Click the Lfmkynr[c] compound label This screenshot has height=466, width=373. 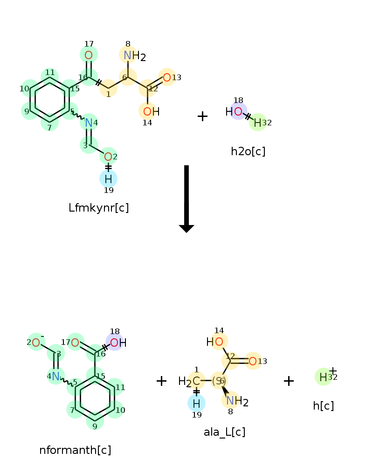[x=98, y=208]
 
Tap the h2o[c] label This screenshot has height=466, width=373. [x=248, y=151]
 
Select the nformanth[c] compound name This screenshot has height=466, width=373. [x=75, y=450]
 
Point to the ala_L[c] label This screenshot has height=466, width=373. [x=224, y=432]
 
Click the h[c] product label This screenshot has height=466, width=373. [x=323, y=406]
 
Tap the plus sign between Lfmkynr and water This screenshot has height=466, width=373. [x=202, y=116]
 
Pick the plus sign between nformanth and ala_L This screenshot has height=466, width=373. [x=161, y=381]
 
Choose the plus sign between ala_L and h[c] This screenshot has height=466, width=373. [x=289, y=381]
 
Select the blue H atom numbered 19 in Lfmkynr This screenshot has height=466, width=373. [x=108, y=178]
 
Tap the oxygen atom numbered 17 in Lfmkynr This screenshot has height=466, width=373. [x=89, y=55]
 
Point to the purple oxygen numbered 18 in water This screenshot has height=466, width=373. [x=238, y=111]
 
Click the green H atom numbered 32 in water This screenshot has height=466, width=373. [x=257, y=123]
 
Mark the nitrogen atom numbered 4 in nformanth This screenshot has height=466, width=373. [x=55, y=376]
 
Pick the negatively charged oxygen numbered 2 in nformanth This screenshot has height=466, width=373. [x=36, y=343]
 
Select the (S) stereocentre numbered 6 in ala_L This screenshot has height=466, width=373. [x=219, y=381]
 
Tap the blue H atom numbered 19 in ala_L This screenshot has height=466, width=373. [x=196, y=403]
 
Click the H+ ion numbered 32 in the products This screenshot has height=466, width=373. [x=324, y=377]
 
